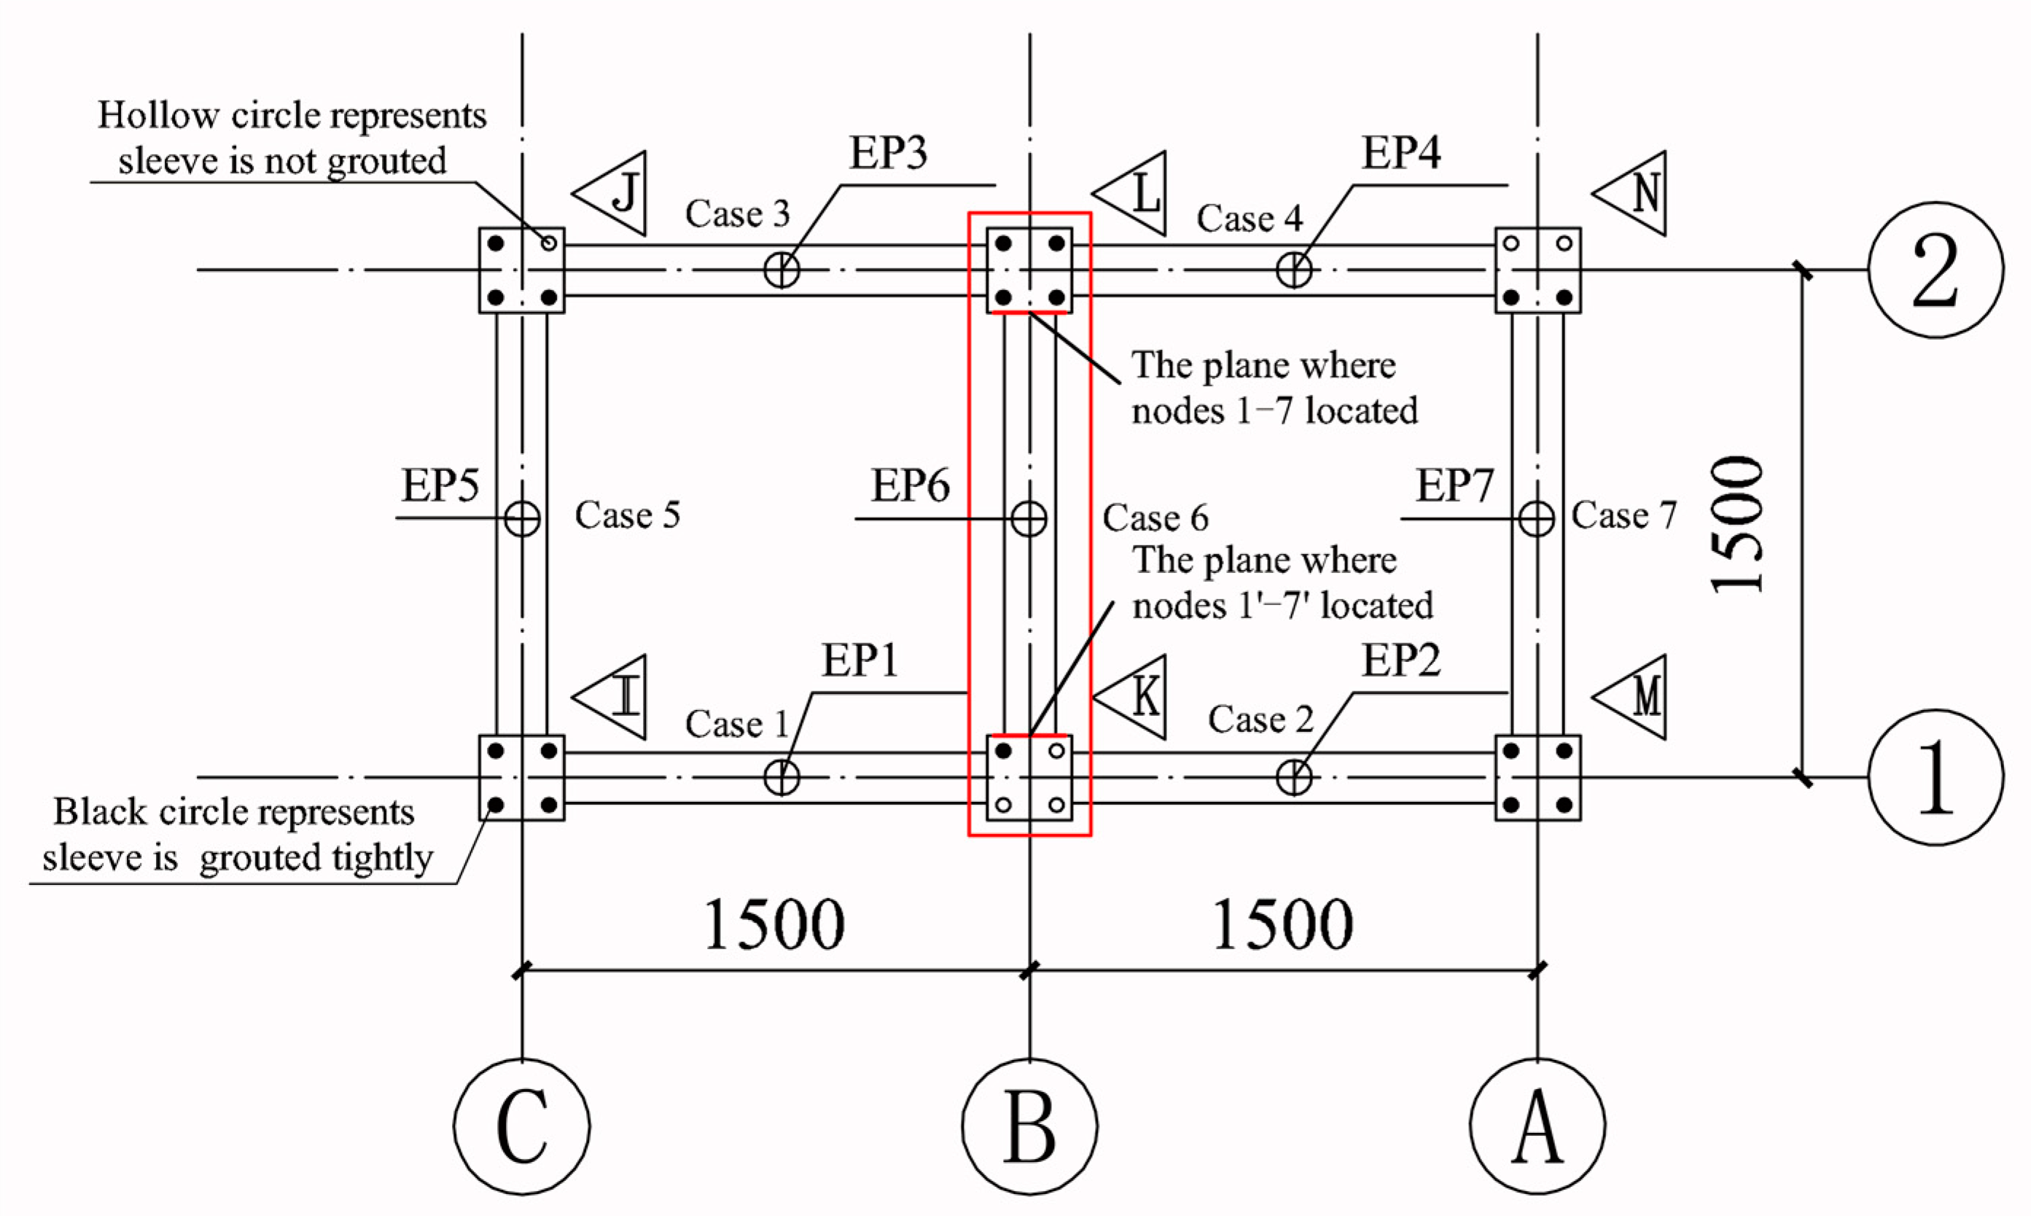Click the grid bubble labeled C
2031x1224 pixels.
522,1126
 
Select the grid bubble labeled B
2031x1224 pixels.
1029,1126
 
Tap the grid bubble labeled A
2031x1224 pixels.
1537,1126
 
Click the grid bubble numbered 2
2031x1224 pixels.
1935,270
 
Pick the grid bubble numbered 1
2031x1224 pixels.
1935,777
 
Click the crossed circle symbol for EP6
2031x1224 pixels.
1029,518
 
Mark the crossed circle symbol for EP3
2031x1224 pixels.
781,270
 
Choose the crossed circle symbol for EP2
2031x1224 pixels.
1294,777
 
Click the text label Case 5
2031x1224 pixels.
627,515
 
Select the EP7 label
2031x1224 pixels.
1454,486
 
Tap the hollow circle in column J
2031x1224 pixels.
549,243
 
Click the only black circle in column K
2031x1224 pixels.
1003,751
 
